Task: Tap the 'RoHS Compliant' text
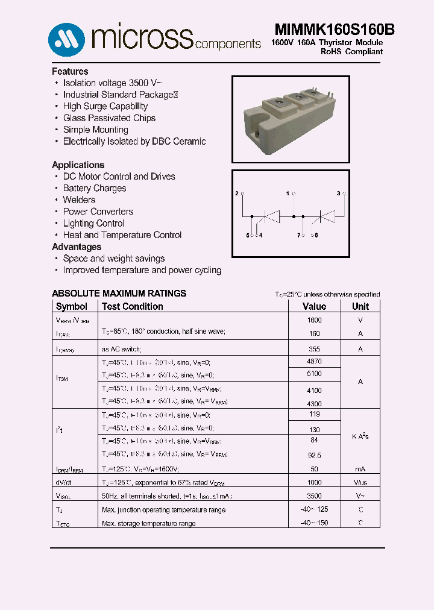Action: pos(351,52)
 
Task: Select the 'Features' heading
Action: pos(70,71)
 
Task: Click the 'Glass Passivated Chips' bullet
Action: pos(109,118)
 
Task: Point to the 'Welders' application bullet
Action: pos(79,200)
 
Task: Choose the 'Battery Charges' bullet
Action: pos(95,188)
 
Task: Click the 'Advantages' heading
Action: pos(77,247)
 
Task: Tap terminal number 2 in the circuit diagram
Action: pos(236,193)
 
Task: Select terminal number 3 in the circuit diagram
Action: pos(338,193)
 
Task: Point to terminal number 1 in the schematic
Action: pos(288,193)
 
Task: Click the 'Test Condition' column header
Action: pos(132,306)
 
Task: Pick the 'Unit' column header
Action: pos(360,306)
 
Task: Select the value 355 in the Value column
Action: pos(314,349)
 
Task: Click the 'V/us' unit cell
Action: pos(360,483)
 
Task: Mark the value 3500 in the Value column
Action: pos(314,495)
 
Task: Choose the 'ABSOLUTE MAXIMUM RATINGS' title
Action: pos(119,294)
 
